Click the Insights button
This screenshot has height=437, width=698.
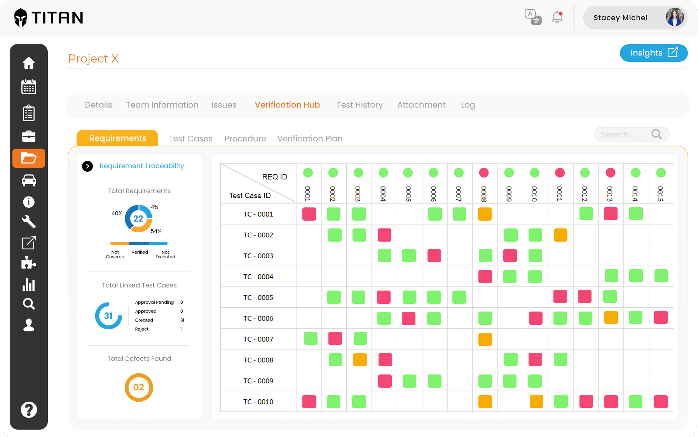point(653,53)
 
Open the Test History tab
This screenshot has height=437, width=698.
point(359,105)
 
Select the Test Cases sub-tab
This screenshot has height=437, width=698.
point(190,139)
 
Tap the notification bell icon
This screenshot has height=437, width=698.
point(557,17)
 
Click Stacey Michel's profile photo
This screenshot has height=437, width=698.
point(674,17)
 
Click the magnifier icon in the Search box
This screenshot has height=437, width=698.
point(656,134)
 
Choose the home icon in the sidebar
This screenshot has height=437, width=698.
point(29,63)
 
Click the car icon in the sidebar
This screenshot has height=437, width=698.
point(29,180)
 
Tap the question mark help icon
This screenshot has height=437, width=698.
point(29,410)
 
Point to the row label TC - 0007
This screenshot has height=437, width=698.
point(258,339)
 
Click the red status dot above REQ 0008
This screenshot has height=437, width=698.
point(484,172)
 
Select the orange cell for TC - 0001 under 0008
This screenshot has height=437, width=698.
point(485,214)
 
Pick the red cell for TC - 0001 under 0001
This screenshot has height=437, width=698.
point(309,214)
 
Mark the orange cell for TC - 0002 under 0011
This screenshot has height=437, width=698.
point(560,235)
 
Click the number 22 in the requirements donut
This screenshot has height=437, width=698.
point(138,219)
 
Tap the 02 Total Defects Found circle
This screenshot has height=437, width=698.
point(139,387)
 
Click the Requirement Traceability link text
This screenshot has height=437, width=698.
point(141,166)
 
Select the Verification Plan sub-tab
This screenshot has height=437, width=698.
point(310,139)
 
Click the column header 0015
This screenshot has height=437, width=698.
point(660,193)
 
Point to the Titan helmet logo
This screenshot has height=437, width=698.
point(21,18)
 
